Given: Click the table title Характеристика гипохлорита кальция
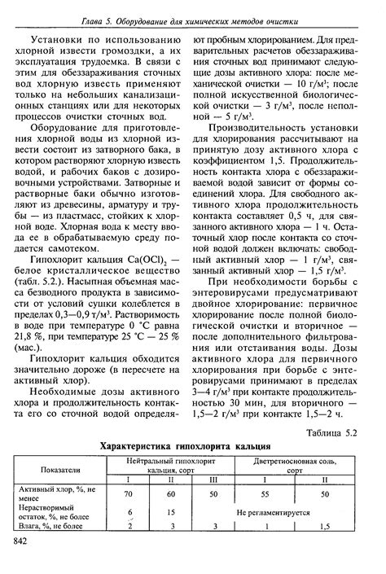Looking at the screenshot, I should (x=192, y=446).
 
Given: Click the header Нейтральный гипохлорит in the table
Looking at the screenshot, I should (x=173, y=460).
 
